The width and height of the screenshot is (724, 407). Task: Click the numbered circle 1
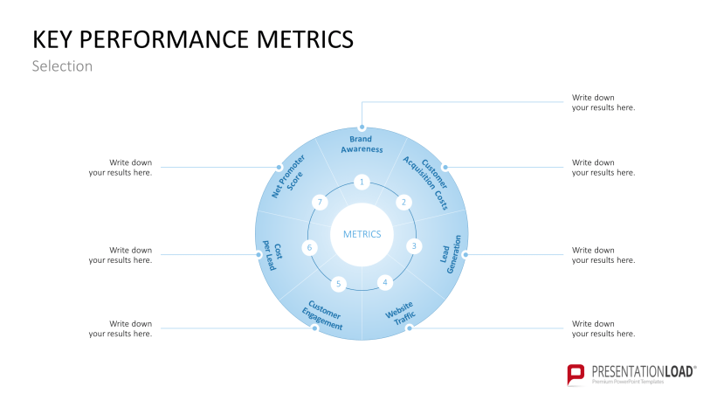coord(362,182)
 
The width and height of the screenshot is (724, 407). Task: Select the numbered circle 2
coord(403,202)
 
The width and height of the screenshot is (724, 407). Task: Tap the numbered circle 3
coord(414,245)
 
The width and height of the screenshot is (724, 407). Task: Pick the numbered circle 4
coord(385,282)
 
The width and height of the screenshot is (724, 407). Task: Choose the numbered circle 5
coord(339,284)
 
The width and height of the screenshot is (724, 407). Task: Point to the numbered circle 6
coord(309,247)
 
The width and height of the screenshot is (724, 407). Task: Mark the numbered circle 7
coord(321,202)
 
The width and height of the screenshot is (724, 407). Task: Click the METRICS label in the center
coord(362,234)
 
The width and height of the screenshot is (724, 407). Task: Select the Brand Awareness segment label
coord(362,144)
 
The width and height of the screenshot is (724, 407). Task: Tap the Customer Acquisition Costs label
coord(426,182)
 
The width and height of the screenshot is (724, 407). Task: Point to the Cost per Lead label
coord(272,257)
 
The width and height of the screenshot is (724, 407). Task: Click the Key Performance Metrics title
coord(193,39)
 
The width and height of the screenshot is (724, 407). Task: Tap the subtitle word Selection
coord(62,66)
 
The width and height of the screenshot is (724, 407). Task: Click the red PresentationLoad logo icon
coord(576,375)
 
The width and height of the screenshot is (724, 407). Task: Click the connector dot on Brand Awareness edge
coord(362,127)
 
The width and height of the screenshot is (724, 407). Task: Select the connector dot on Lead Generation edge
coord(466,255)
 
